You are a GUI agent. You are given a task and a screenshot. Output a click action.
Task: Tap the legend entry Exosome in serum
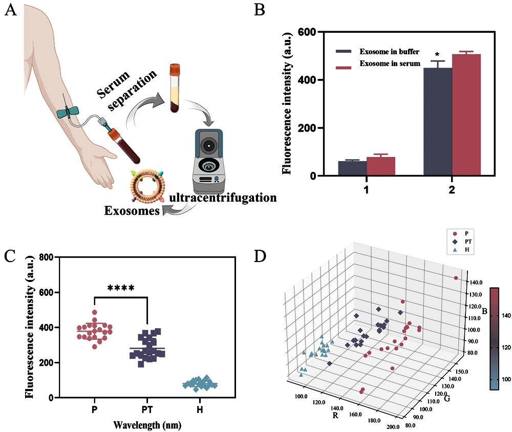pos(390,64)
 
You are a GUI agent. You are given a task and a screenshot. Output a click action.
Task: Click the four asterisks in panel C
pos(121,288)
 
